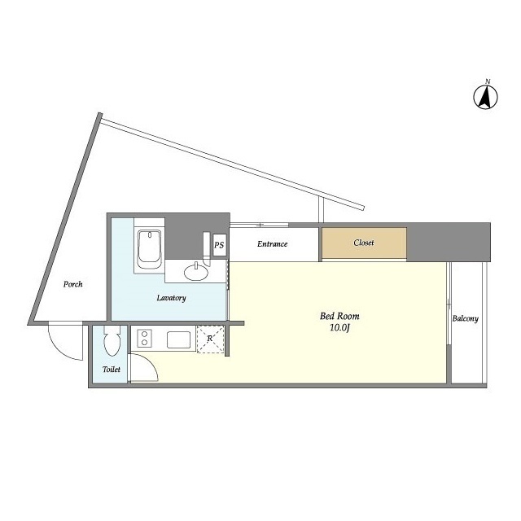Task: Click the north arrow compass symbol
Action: [485, 98]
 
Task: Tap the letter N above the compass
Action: [488, 81]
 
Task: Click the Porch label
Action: [72, 284]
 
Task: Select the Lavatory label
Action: [171, 298]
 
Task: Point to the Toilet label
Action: [112, 369]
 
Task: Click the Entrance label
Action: [272, 244]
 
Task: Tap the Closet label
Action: [364, 243]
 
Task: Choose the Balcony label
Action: [465, 318]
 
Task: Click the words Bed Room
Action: [339, 316]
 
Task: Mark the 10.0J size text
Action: [339, 328]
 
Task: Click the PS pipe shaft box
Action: [219, 245]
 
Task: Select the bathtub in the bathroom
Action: [150, 249]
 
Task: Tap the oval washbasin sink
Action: [196, 272]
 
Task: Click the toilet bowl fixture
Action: [112, 340]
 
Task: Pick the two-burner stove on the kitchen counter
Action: [145, 339]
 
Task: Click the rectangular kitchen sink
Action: [179, 339]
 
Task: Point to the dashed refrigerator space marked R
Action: [210, 339]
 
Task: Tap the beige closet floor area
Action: [364, 243]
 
